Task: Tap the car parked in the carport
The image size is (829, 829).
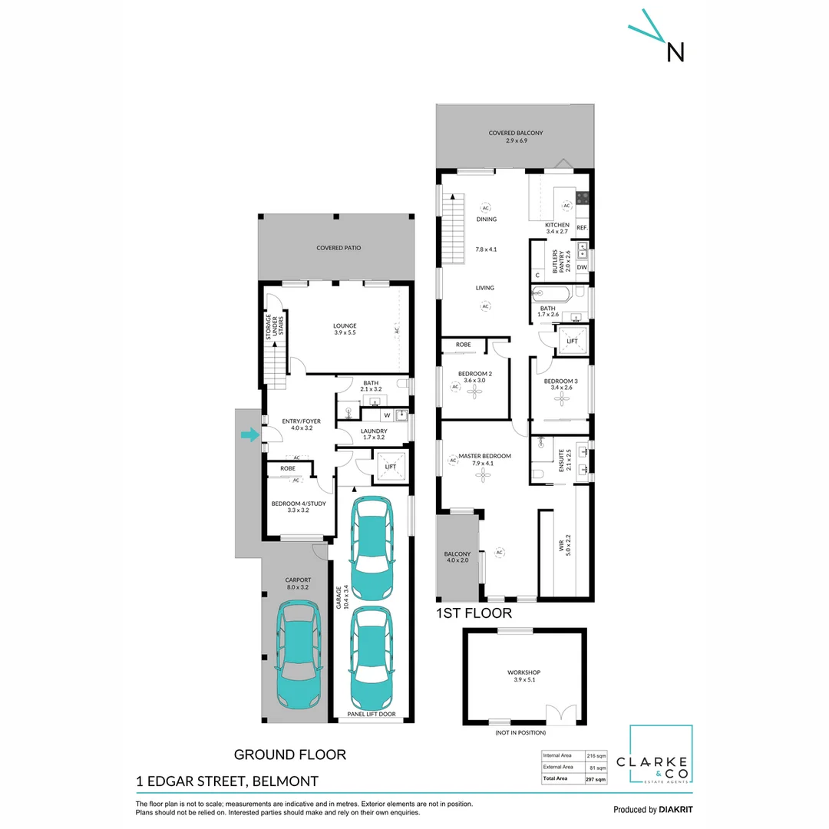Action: click(x=299, y=655)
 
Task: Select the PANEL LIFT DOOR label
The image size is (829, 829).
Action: click(x=372, y=714)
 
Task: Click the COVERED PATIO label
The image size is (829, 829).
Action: click(x=339, y=248)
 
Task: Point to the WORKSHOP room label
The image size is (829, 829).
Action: click(x=524, y=672)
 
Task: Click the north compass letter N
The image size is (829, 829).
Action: click(x=675, y=51)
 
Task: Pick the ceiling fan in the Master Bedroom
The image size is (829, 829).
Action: click(x=482, y=475)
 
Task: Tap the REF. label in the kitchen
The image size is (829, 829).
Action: click(x=582, y=228)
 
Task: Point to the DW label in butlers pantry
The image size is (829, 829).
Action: click(x=582, y=267)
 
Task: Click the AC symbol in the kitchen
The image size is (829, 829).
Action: click(x=567, y=206)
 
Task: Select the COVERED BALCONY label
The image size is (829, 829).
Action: click(x=515, y=137)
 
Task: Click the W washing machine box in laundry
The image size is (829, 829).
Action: click(x=387, y=415)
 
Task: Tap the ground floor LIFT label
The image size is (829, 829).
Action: click(x=390, y=466)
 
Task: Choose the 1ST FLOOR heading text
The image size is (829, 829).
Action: click(x=474, y=613)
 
